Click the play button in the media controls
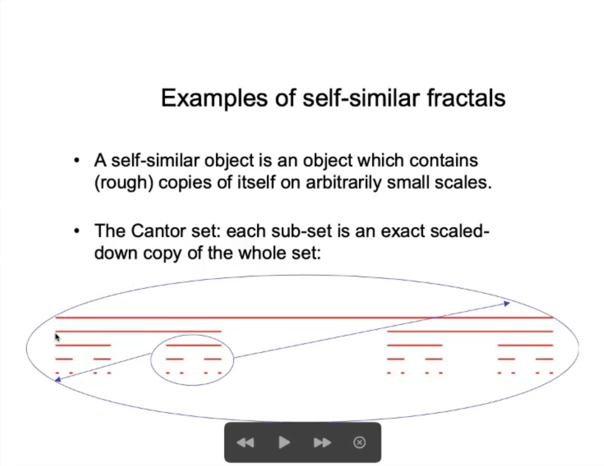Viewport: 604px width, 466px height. point(284,442)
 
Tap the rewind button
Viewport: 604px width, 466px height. point(246,442)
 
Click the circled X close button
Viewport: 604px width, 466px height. point(360,442)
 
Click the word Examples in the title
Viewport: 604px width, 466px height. point(214,99)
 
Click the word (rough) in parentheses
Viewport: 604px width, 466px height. point(124,183)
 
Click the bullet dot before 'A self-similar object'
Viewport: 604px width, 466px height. point(77,160)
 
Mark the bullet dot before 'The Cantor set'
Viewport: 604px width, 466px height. point(77,231)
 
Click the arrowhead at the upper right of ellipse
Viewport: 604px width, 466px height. point(507,303)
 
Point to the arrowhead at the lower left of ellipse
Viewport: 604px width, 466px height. point(58,380)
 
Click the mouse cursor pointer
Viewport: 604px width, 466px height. point(58,338)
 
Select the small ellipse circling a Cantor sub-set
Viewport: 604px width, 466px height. point(151,360)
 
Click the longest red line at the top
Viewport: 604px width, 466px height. point(304,318)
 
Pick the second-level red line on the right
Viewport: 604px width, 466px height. point(470,331)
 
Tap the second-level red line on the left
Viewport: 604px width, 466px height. point(139,331)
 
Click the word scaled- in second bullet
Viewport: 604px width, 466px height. point(460,231)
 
